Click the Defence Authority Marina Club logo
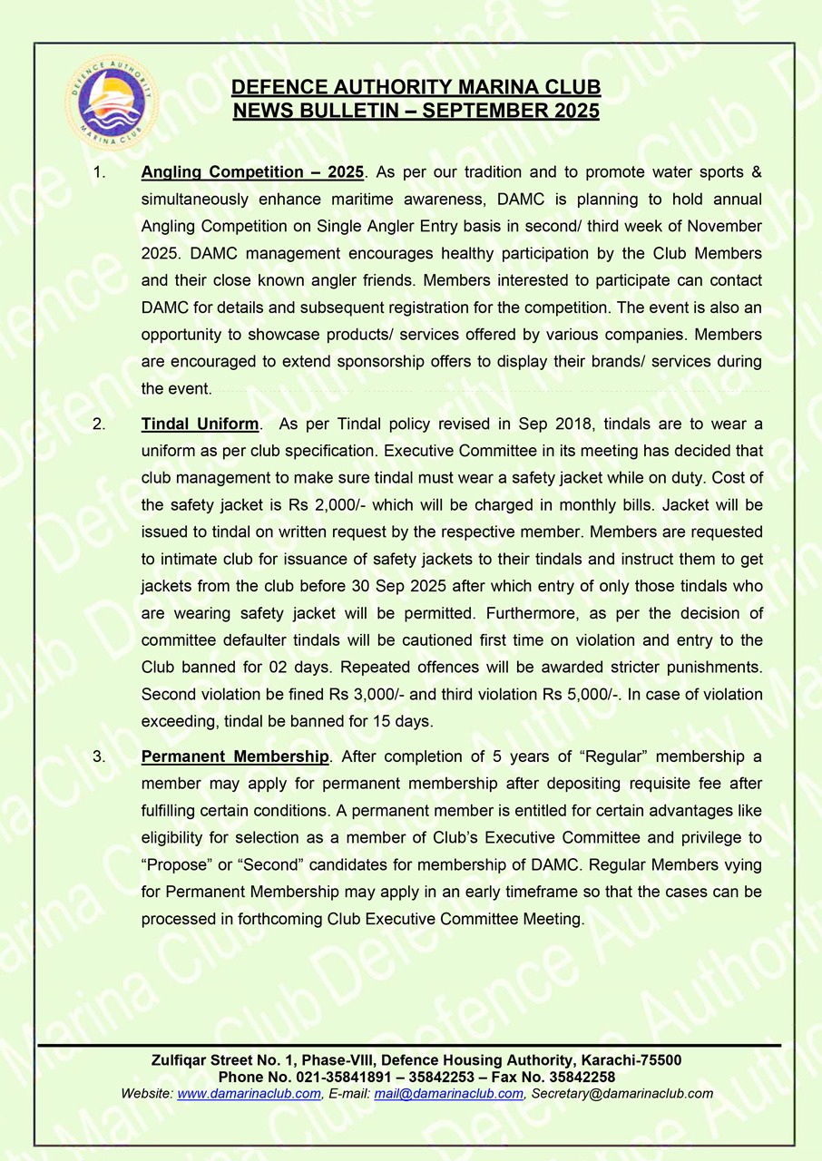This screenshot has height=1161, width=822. (x=113, y=102)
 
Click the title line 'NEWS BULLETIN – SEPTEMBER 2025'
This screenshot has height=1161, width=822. (x=416, y=112)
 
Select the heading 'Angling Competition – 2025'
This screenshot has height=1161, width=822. (x=252, y=171)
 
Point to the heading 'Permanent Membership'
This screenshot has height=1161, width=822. (x=235, y=756)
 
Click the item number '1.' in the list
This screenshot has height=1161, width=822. (x=100, y=171)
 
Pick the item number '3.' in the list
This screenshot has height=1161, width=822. (x=100, y=756)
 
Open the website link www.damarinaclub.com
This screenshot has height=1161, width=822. (x=249, y=1093)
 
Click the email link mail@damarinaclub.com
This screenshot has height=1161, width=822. (x=448, y=1093)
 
